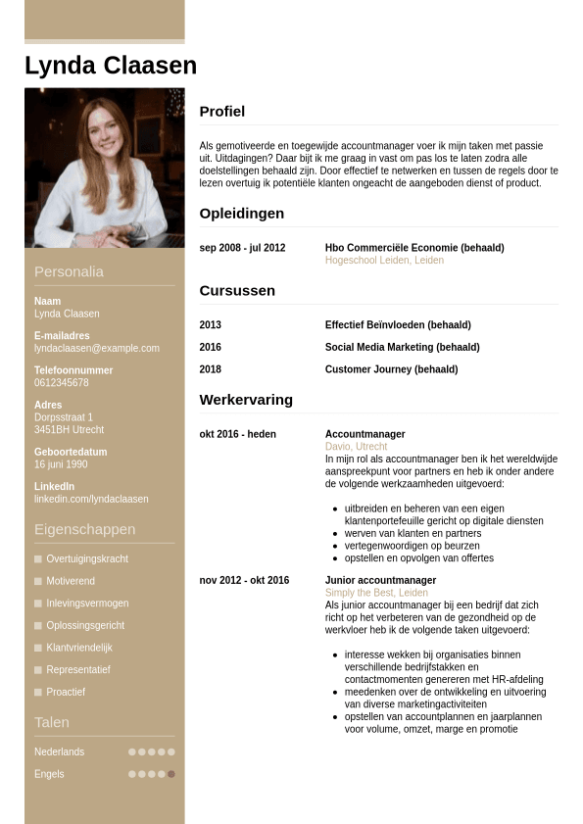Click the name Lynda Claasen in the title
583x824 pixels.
click(x=111, y=66)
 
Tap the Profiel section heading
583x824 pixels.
click(x=222, y=112)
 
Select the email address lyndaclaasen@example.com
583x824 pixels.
click(x=96, y=348)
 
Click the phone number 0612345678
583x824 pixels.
click(x=62, y=382)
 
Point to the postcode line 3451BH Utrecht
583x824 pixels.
click(x=69, y=429)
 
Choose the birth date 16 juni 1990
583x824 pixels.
click(x=61, y=463)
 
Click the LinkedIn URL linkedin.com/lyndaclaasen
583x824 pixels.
click(x=91, y=499)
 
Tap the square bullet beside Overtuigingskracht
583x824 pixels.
click(x=38, y=558)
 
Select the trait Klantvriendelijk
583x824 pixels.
click(x=79, y=648)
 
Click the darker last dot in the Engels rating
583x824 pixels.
click(x=171, y=774)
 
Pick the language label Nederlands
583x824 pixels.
click(x=59, y=751)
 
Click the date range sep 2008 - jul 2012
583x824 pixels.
click(x=242, y=248)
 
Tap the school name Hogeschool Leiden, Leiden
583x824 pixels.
click(x=384, y=261)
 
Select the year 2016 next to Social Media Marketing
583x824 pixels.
click(x=211, y=347)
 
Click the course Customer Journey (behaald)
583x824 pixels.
click(x=391, y=369)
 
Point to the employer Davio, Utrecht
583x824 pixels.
click(x=356, y=447)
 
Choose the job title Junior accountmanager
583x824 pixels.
click(x=380, y=580)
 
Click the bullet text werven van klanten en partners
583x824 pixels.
click(x=413, y=533)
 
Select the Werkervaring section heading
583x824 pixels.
click(x=246, y=400)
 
